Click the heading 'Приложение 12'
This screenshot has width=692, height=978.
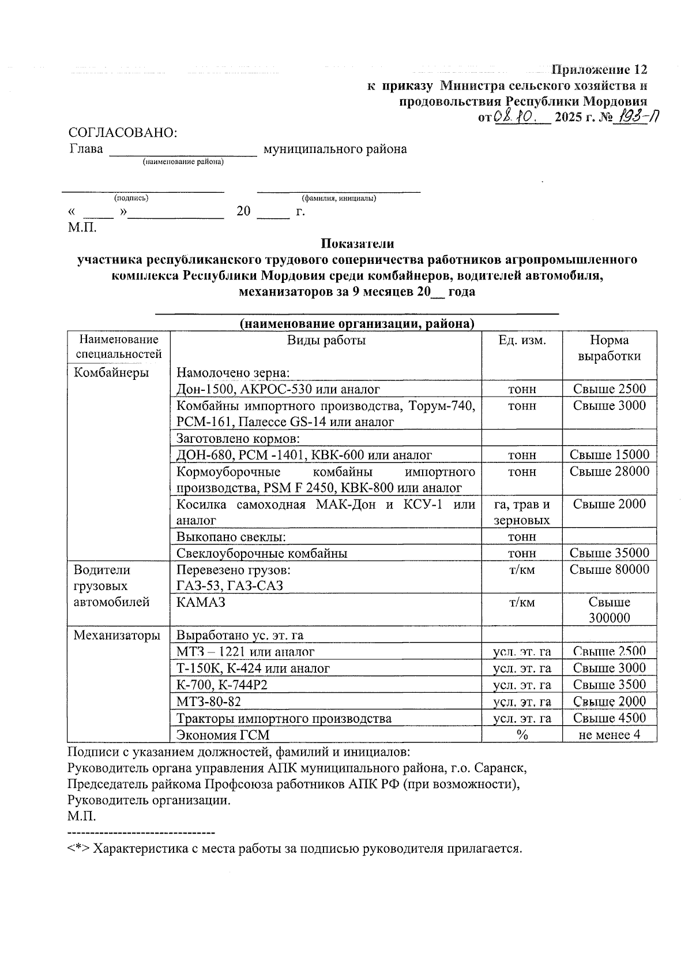599,70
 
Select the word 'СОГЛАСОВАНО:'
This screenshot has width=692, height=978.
123,133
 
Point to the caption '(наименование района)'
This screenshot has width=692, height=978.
183,162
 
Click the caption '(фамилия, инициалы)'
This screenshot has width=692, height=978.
339,199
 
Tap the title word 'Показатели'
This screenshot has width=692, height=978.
358,244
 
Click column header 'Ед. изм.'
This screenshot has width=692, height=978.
522,340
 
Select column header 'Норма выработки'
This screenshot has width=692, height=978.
609,348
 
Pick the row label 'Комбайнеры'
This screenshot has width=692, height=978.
111,372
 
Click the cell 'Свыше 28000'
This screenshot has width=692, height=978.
609,472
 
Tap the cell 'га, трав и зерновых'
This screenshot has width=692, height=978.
522,512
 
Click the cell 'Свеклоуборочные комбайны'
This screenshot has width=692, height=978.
262,554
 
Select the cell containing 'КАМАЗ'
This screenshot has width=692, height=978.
201,602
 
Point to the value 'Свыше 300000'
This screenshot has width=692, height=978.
609,610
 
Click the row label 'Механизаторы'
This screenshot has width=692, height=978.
117,636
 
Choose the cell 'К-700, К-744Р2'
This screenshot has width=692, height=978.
222,685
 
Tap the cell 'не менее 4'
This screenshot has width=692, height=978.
609,735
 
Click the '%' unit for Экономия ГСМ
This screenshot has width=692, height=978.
522,735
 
